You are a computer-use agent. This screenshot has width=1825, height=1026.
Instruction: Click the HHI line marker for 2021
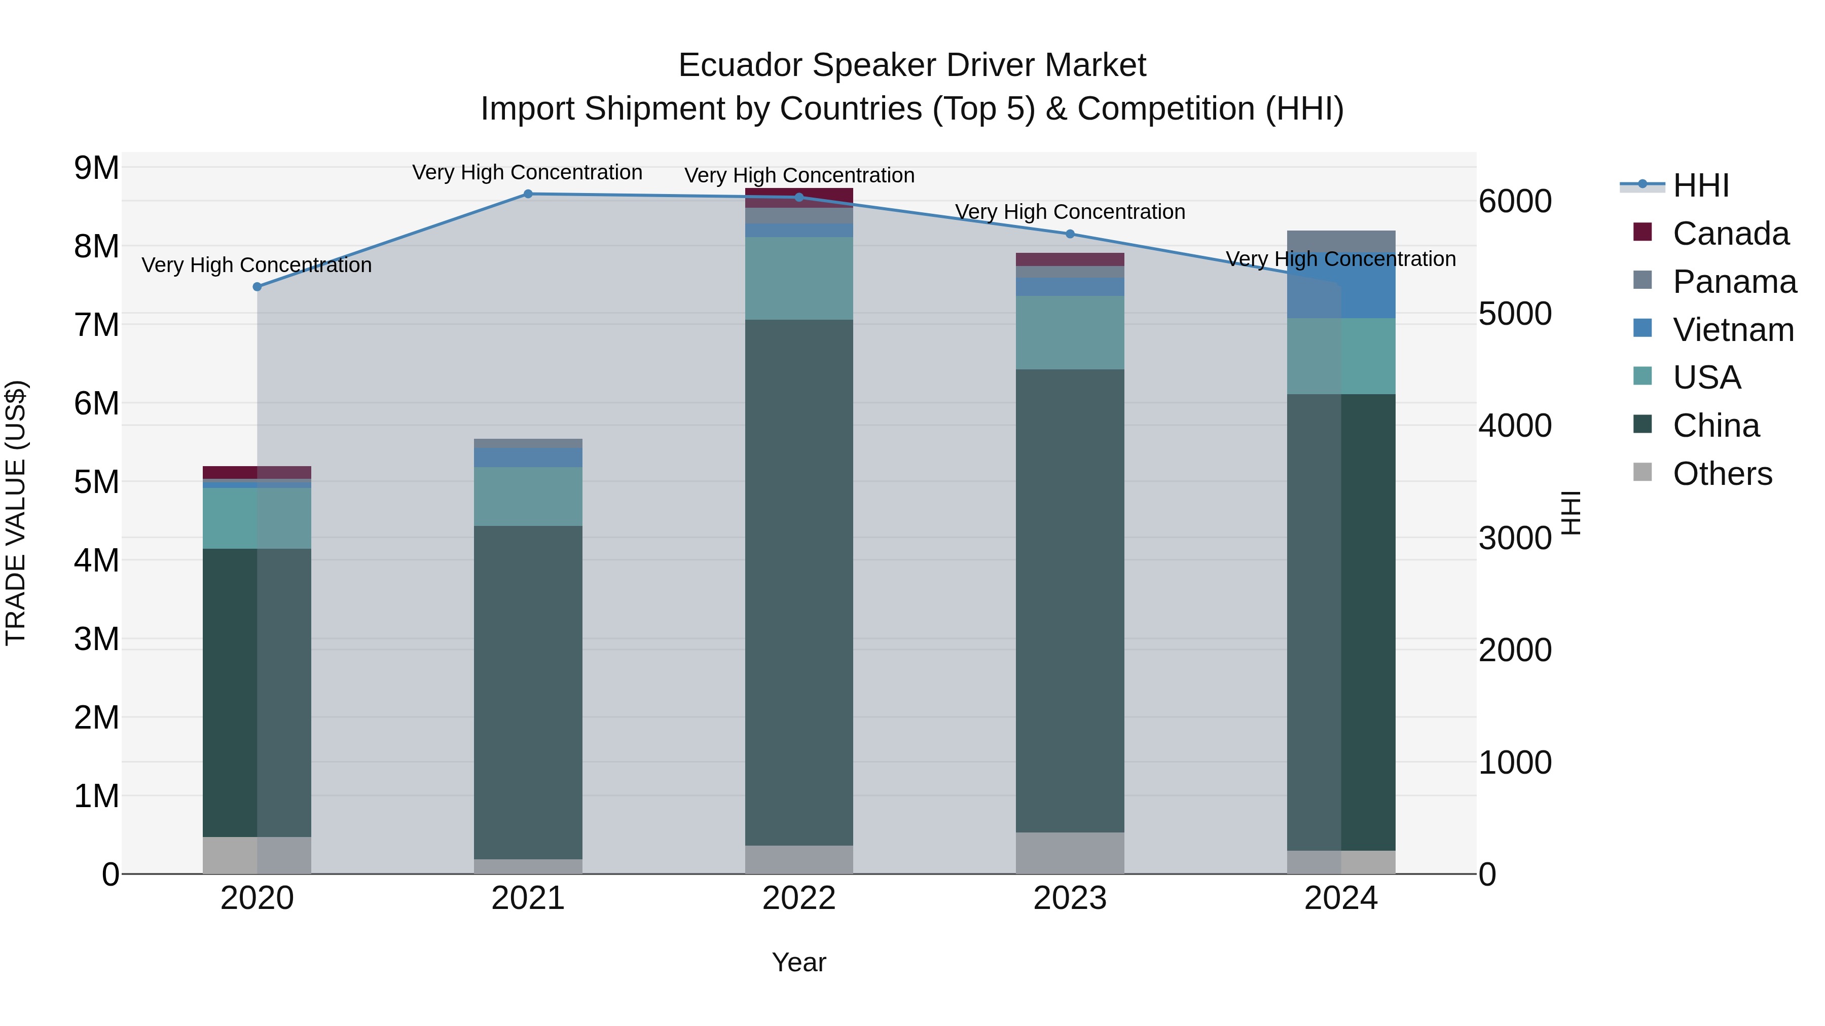pyautogui.click(x=528, y=194)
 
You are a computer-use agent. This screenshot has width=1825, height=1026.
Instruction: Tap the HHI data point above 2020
pyautogui.click(x=257, y=287)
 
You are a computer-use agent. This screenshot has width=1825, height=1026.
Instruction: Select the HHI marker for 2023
pyautogui.click(x=1070, y=234)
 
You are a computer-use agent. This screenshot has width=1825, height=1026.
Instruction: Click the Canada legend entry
pyautogui.click(x=1730, y=234)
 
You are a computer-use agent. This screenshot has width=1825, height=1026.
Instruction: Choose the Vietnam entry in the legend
pyautogui.click(x=1733, y=330)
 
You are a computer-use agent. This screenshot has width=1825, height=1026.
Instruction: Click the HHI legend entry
pyautogui.click(x=1700, y=185)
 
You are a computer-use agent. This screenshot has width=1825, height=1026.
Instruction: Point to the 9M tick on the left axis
pyautogui.click(x=96, y=169)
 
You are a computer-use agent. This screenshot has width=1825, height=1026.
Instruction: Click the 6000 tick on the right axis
pyautogui.click(x=1515, y=202)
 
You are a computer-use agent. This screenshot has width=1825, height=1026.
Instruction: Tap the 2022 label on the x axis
pyautogui.click(x=798, y=898)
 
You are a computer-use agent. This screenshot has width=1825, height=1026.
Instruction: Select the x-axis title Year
pyautogui.click(x=798, y=962)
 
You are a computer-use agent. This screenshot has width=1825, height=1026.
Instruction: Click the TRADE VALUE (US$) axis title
pyautogui.click(x=16, y=513)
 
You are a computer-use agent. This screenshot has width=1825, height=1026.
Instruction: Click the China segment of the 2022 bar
pyautogui.click(x=798, y=581)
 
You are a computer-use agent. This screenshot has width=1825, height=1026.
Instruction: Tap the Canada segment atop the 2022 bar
pyautogui.click(x=798, y=198)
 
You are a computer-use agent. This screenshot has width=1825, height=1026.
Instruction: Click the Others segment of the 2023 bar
pyautogui.click(x=1070, y=853)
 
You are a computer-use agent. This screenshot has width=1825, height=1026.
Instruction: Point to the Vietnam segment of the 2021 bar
pyautogui.click(x=528, y=458)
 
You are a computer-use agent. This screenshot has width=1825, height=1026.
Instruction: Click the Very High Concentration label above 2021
pyautogui.click(x=527, y=173)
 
